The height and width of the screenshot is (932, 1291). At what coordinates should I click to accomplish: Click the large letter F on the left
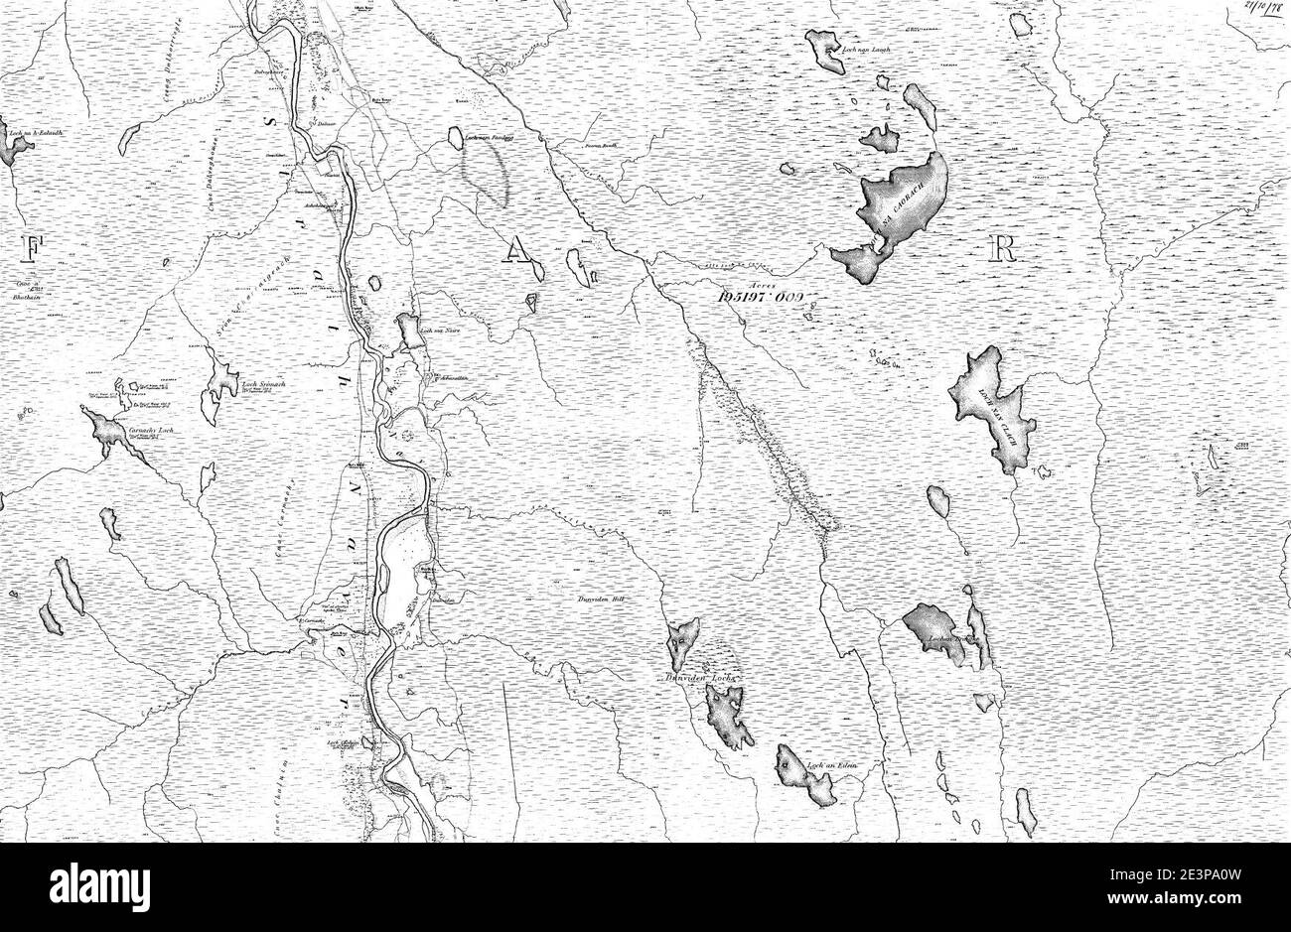click(31, 250)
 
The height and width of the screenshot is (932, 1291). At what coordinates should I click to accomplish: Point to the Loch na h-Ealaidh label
click(36, 132)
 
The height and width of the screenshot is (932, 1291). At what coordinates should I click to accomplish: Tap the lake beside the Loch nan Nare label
click(407, 332)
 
